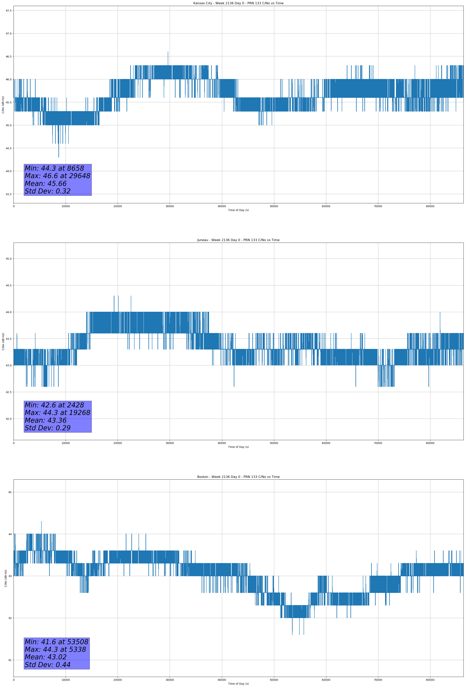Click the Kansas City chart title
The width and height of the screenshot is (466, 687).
click(238, 3)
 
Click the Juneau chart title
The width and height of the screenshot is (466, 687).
click(238, 240)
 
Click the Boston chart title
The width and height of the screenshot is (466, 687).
click(238, 477)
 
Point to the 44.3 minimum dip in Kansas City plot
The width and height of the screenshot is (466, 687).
click(58, 156)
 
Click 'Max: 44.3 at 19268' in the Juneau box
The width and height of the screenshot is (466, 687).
click(57, 413)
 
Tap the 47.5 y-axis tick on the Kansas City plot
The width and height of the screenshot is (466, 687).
click(9, 11)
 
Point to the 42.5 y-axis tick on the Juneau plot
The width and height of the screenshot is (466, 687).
click(9, 392)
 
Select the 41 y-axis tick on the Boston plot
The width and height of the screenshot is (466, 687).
click(10, 660)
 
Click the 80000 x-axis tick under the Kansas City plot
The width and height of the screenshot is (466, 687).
click(430, 206)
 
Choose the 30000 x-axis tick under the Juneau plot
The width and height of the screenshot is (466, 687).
click(170, 443)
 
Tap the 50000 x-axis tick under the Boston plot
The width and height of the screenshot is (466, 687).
click(274, 680)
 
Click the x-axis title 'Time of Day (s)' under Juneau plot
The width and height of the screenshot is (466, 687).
click(238, 447)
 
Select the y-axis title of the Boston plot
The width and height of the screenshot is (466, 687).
click(6, 578)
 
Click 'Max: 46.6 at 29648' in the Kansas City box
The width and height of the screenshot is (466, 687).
click(57, 176)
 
